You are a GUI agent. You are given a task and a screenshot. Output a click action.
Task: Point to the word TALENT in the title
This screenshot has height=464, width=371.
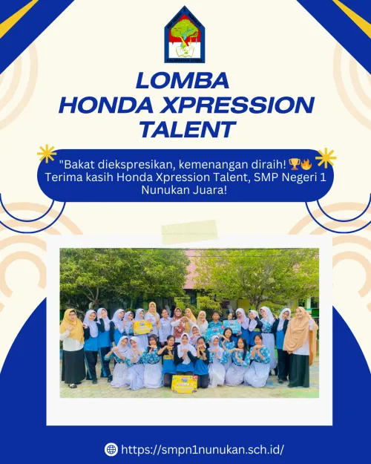[186, 130]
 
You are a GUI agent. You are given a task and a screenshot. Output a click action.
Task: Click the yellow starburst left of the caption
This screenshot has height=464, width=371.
[47, 154]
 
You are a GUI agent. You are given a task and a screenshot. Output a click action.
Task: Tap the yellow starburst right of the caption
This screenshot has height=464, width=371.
[325, 157]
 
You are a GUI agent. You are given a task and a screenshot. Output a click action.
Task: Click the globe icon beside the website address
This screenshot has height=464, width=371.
[111, 449]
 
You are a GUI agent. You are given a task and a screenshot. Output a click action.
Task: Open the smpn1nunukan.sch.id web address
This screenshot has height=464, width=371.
[203, 449]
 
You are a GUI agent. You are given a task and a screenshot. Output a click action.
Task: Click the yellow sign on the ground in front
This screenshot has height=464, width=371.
[184, 383]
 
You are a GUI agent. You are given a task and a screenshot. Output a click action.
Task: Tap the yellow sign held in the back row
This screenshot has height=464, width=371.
[142, 326]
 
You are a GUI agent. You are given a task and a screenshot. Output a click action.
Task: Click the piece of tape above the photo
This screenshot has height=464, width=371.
[189, 231]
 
